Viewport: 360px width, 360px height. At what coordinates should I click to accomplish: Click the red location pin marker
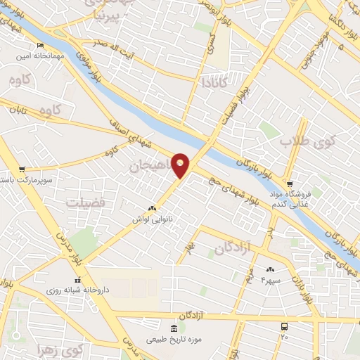[x=181, y=165]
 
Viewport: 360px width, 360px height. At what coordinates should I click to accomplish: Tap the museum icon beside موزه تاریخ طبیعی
[x=174, y=329]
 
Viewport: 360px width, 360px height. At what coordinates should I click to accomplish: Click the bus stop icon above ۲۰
[x=284, y=327]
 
